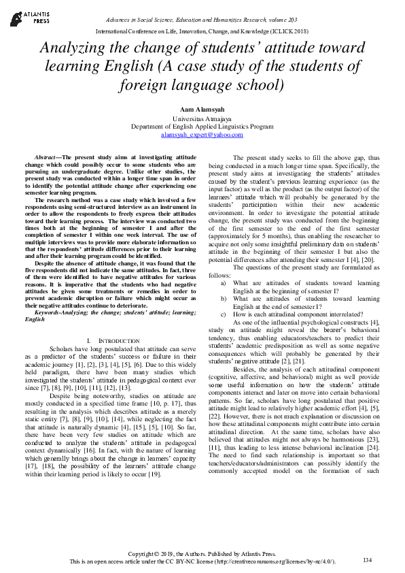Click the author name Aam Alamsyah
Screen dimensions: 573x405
point(202,108)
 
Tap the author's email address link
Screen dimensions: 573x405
point(202,135)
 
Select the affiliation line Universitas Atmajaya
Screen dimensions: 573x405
point(202,118)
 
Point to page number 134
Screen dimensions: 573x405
point(368,559)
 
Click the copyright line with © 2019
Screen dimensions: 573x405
point(202,552)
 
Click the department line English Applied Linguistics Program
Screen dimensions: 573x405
point(202,127)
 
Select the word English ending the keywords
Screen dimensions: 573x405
point(35,318)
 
